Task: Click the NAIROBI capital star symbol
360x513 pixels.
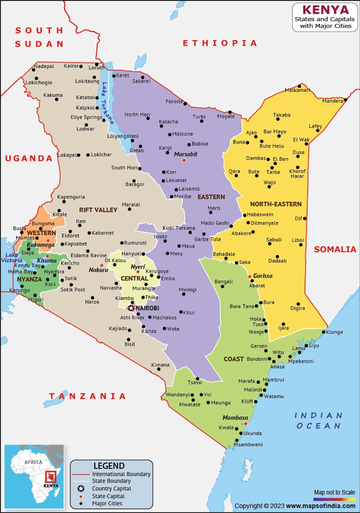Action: [x=131, y=308]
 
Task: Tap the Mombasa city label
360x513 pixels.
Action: [x=235, y=418]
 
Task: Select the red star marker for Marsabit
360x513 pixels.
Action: [x=184, y=160]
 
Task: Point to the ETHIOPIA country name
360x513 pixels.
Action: [x=220, y=43]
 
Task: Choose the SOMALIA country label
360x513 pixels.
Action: [x=335, y=249]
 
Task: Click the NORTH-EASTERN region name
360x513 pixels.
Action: [x=276, y=204]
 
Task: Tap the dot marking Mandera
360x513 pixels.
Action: [x=346, y=100]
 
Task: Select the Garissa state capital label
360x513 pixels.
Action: [x=263, y=276]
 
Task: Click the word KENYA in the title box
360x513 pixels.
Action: [x=325, y=10]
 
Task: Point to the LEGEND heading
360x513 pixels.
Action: [x=109, y=466]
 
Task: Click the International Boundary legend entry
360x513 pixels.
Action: [x=121, y=474]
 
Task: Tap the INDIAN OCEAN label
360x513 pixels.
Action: [x=318, y=420]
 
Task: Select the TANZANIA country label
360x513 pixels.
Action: [x=88, y=396]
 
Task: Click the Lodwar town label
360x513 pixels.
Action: [x=85, y=129]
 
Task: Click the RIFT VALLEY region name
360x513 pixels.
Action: [x=98, y=210]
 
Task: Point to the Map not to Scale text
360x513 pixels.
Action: [x=334, y=492]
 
